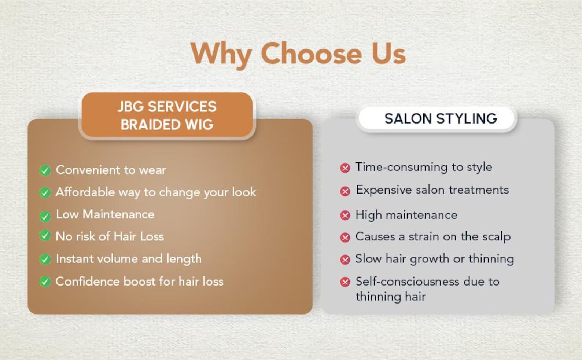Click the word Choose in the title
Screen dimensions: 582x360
pyautogui.click(x=311, y=53)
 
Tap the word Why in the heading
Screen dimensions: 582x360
pyautogui.click(x=221, y=55)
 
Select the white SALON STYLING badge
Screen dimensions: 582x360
pyautogui.click(x=436, y=118)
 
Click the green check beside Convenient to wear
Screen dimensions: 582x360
pyautogui.click(x=45, y=170)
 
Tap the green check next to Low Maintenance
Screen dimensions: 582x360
pyautogui.click(x=45, y=216)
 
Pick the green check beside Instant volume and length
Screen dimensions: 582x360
pyautogui.click(x=45, y=259)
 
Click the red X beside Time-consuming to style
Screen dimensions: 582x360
pyautogui.click(x=345, y=168)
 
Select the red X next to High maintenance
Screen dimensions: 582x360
pyautogui.click(x=345, y=216)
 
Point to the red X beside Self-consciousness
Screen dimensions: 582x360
pyautogui.click(x=345, y=282)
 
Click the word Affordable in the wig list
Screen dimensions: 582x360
pyautogui.click(x=85, y=192)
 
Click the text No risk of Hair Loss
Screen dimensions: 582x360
pyautogui.click(x=110, y=236)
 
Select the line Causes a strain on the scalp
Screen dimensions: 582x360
pyautogui.click(x=433, y=237)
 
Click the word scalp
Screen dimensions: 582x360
pyautogui.click(x=497, y=237)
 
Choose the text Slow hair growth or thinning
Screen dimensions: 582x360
pyautogui.click(x=435, y=259)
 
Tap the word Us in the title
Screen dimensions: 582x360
pyautogui.click(x=389, y=54)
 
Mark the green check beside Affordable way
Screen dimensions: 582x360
pyautogui.click(x=45, y=192)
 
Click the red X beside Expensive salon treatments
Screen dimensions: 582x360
pyautogui.click(x=345, y=192)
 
